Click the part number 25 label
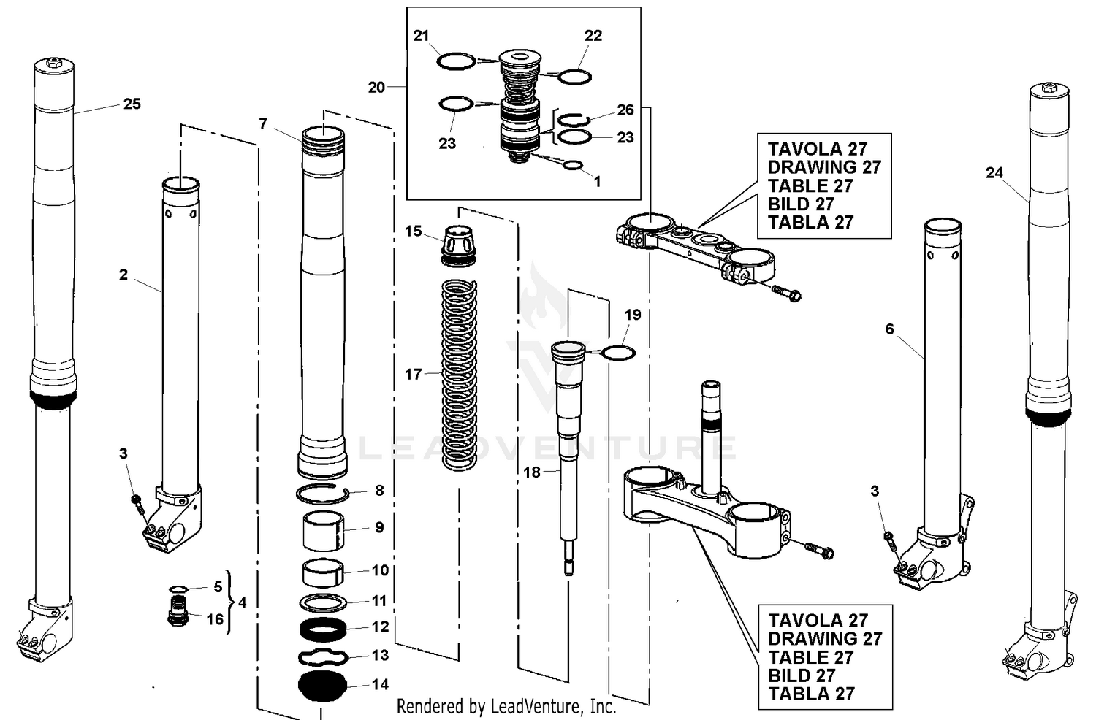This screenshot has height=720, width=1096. (x=132, y=104)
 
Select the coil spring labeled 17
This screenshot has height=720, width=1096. (x=460, y=374)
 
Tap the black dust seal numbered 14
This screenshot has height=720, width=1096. (x=322, y=686)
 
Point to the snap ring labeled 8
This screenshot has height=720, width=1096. (x=322, y=494)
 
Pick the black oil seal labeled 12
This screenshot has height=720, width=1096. (x=322, y=627)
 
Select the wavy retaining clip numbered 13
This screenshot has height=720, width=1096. (x=322, y=656)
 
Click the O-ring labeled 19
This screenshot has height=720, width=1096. (x=617, y=353)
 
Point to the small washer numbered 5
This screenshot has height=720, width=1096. (x=178, y=589)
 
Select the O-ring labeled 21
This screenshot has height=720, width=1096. (x=456, y=61)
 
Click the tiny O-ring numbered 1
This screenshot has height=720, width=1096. (x=573, y=166)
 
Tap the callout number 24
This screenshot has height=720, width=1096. (x=994, y=173)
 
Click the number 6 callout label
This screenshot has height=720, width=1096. (x=889, y=329)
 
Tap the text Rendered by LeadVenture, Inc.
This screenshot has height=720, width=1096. (x=506, y=706)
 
